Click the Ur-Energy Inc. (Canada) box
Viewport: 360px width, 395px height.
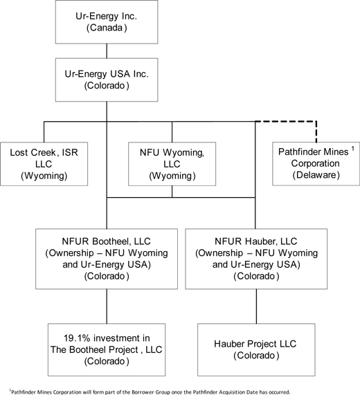point(107,22)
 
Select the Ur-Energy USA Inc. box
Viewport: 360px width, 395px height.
point(107,80)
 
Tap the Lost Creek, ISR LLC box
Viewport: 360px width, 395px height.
point(44,164)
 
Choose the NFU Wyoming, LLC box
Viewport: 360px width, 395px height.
point(172,164)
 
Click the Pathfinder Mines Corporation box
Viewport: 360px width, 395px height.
point(316,164)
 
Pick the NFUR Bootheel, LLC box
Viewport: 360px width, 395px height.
point(107,259)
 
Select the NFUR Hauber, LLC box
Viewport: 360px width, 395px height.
point(256,259)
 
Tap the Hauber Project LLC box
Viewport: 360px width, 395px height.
point(256,349)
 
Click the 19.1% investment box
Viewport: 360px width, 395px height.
point(107,349)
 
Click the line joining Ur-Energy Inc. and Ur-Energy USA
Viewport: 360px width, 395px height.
point(107,51)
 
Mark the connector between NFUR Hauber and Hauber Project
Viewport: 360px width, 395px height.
point(256,306)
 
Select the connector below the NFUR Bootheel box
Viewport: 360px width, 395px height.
point(107,306)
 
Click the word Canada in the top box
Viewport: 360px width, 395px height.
point(107,28)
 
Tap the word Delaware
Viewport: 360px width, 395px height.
point(316,175)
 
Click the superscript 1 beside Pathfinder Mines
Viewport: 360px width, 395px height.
point(353,149)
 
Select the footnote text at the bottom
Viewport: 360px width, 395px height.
point(150,392)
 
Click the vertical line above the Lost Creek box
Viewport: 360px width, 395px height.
point(44,132)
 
